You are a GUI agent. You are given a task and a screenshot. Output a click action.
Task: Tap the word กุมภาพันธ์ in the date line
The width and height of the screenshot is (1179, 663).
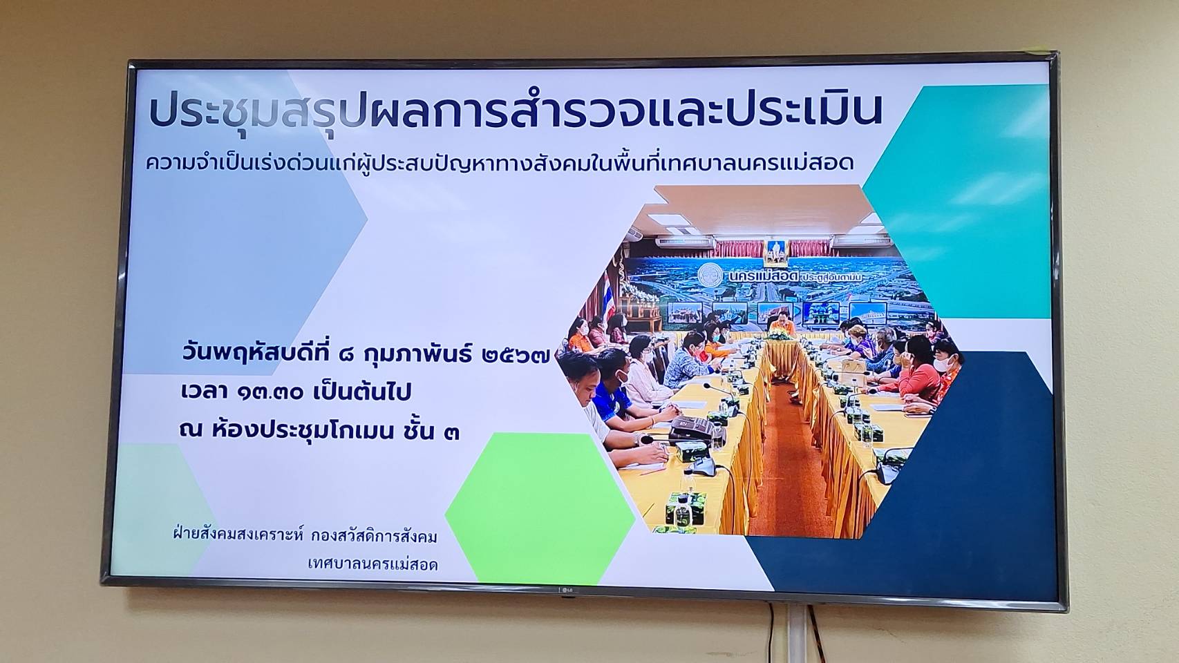click(419, 354)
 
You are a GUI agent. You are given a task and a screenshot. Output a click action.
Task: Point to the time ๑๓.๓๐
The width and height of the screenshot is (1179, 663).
click(270, 393)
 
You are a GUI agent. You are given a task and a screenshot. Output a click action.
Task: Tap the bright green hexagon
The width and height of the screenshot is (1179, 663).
click(540, 508)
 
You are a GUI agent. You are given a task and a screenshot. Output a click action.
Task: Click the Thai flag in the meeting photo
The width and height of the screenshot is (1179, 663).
click(608, 296)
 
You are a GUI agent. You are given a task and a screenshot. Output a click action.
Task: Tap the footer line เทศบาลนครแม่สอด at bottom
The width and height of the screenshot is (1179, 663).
click(372, 565)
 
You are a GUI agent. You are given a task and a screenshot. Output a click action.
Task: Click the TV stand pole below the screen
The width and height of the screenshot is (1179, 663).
click(797, 633)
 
